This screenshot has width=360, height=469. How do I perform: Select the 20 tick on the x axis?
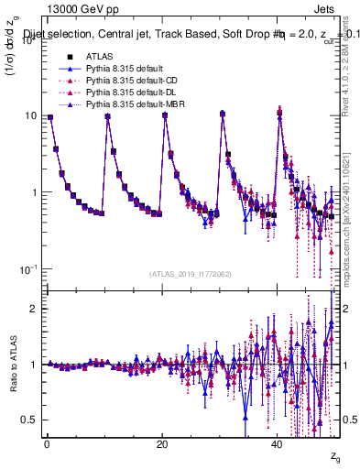point(162,442)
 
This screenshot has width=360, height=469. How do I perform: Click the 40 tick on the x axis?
point(278,442)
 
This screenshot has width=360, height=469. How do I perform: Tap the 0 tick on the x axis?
point(47,442)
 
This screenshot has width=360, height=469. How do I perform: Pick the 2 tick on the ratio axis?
point(31,309)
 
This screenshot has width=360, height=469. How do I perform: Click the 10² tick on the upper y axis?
point(24,39)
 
